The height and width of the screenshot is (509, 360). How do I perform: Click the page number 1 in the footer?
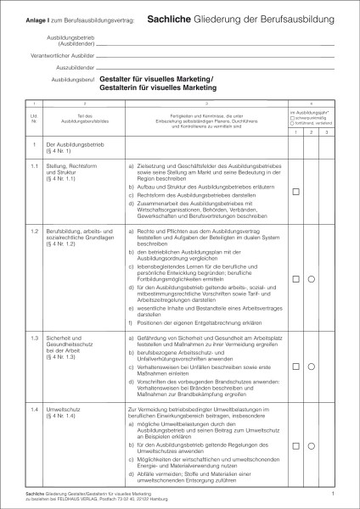tap(333, 491)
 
